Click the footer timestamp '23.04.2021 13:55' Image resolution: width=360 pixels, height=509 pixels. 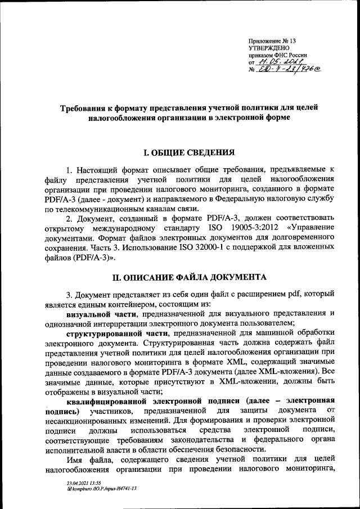tap(84, 483)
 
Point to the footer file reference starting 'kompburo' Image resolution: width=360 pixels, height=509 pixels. tap(100, 489)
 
